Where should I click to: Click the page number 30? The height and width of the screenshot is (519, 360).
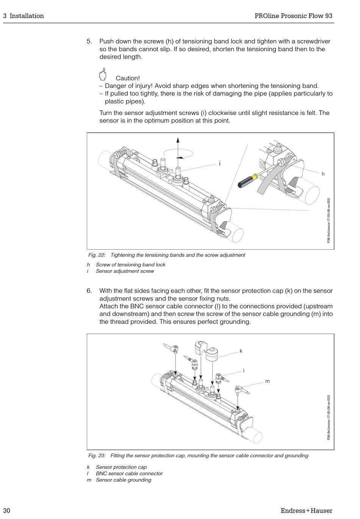(7, 510)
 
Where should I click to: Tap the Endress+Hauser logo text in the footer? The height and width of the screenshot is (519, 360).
(306, 510)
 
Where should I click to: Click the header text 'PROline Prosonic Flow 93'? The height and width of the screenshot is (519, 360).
(293, 16)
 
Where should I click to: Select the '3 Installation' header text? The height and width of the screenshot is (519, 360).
(23, 16)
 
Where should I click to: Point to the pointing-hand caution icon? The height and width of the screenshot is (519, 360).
(102, 74)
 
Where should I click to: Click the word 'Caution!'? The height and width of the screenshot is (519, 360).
(128, 78)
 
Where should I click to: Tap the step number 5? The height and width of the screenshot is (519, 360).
(89, 41)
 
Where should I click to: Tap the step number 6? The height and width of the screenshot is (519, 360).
(89, 291)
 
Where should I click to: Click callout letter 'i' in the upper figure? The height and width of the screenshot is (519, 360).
(219, 163)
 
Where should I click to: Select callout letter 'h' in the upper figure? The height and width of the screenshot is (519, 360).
(323, 174)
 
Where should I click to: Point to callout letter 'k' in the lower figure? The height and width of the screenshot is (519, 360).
(241, 351)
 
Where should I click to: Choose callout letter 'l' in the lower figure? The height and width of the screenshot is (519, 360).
(244, 370)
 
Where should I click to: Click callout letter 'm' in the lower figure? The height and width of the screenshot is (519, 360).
(268, 381)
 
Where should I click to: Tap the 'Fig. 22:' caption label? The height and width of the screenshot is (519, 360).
(97, 255)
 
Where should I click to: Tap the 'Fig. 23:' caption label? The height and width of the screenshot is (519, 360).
(97, 455)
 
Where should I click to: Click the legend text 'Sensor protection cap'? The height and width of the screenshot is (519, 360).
(121, 467)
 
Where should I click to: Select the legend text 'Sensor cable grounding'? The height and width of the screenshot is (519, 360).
(124, 480)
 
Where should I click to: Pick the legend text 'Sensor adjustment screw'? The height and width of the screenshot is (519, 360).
(125, 271)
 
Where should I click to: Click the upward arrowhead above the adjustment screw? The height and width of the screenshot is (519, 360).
(178, 139)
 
